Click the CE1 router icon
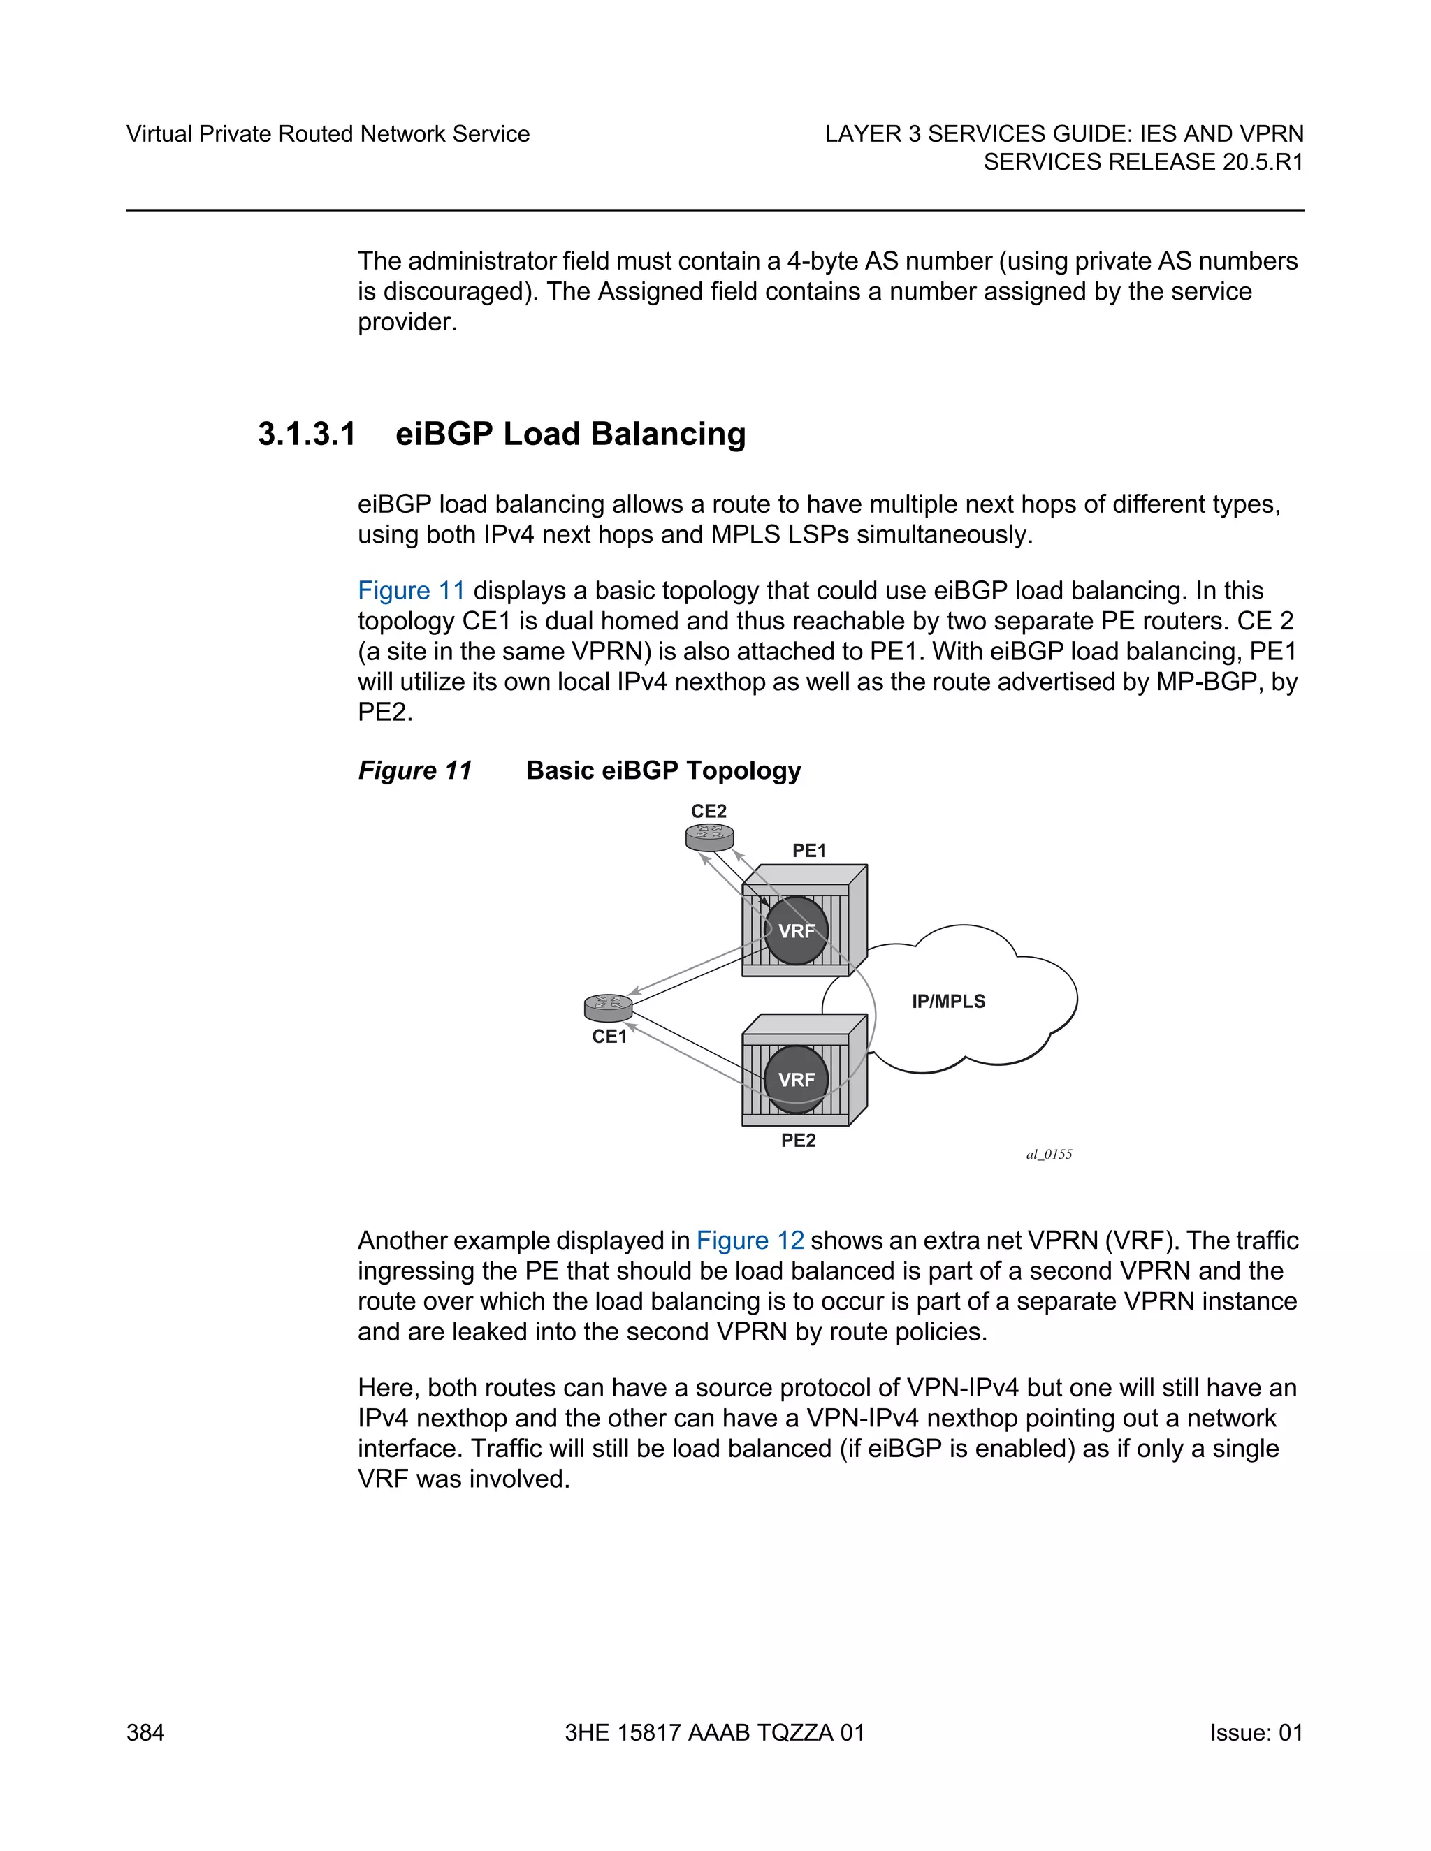click(x=608, y=1008)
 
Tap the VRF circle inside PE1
click(x=796, y=930)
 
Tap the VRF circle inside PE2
click(x=796, y=1080)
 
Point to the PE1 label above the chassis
click(x=808, y=851)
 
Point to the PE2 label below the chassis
click(x=798, y=1141)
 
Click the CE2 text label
click(x=709, y=812)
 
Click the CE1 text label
click(x=609, y=1037)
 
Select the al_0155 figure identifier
click(x=1049, y=1155)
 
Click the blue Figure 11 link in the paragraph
click(x=411, y=591)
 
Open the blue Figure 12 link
click(x=750, y=1241)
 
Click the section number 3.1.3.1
click(x=307, y=434)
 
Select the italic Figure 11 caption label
click(x=414, y=770)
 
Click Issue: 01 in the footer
click(x=1256, y=1732)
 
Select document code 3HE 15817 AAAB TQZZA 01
click(x=715, y=1732)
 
